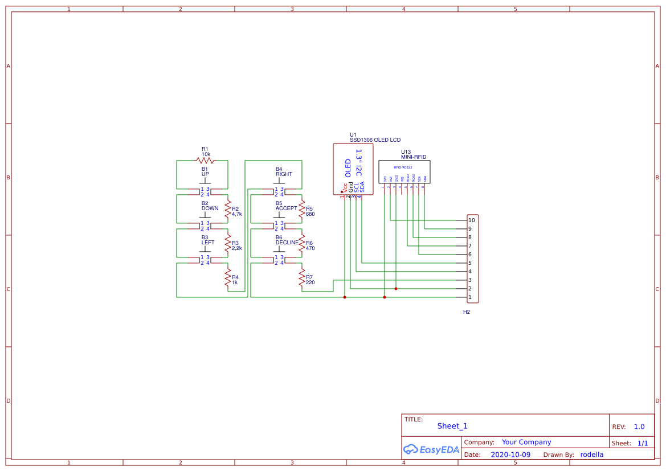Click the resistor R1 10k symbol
[205, 161]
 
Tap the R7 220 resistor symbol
[302, 277]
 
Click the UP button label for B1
[205, 174]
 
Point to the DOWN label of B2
[210, 208]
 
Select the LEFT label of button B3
[208, 243]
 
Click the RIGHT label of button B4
[284, 174]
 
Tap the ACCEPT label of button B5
[286, 208]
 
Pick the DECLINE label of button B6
[287, 243]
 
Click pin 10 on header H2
[471, 220]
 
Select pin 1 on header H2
[470, 297]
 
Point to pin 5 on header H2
[470, 263]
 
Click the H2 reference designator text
[466, 312]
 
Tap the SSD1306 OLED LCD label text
[375, 140]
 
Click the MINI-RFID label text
[414, 157]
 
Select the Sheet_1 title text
[452, 426]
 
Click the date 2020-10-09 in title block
[510, 454]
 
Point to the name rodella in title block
[591, 454]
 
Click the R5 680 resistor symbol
[302, 209]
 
